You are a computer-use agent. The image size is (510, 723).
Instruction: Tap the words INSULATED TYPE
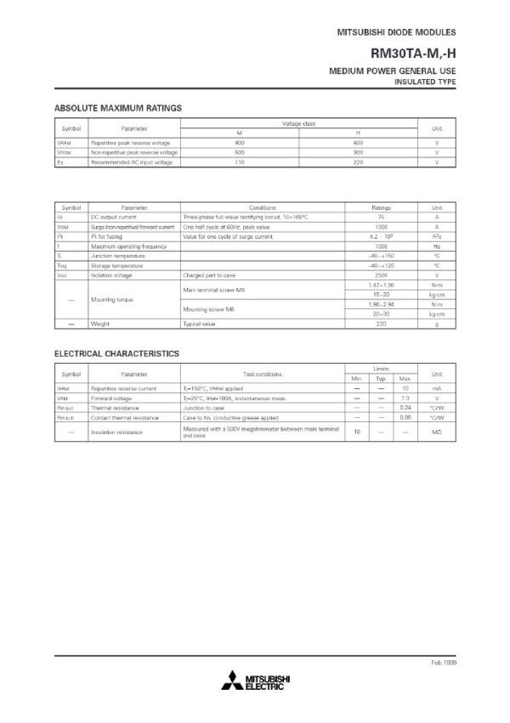(x=426, y=82)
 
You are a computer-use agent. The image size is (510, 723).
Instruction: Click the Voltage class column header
(x=298, y=124)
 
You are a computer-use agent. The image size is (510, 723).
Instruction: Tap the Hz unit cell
(x=436, y=246)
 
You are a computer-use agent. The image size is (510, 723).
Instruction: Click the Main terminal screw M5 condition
(x=213, y=290)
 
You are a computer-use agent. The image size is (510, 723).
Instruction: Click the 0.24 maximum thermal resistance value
(x=405, y=408)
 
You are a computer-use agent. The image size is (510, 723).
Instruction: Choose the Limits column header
(x=381, y=370)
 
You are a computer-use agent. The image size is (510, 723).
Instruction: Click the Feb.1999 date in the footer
(x=442, y=661)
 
